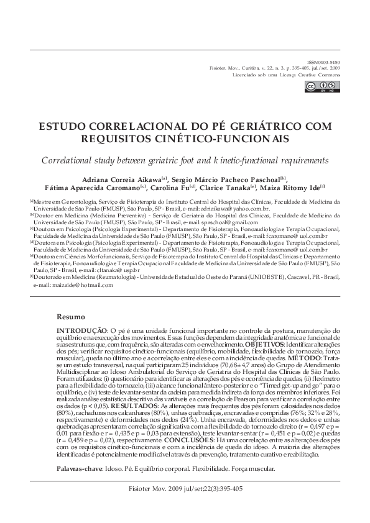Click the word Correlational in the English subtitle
70,159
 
